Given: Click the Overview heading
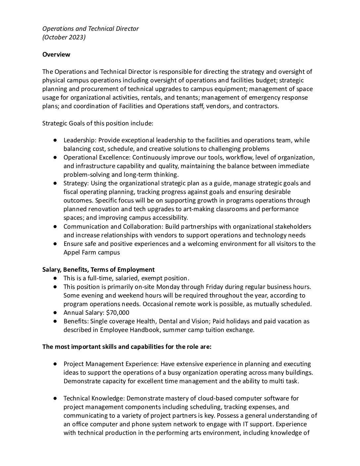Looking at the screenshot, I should [56, 55].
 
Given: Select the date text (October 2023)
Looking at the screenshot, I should [64, 37].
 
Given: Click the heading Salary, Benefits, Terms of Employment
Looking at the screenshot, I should [98, 269].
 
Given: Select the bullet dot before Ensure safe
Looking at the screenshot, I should [55, 244].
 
